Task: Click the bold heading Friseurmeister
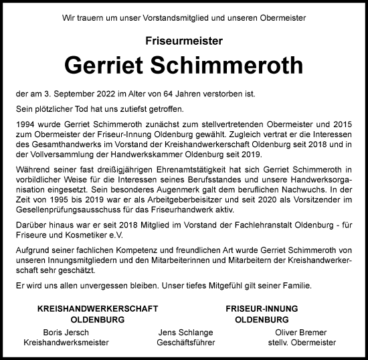pyautogui.click(x=183, y=41)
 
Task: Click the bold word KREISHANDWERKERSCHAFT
pyautogui.click(x=98, y=309)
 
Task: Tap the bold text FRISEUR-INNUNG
pyautogui.click(x=257, y=309)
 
